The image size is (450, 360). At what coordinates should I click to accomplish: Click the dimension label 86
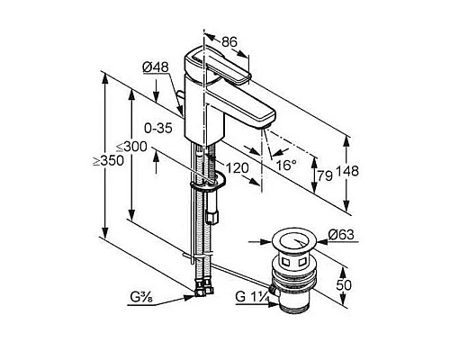click(229, 42)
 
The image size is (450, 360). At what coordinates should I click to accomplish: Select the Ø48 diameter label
click(156, 67)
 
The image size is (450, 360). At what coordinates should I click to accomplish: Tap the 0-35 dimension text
click(158, 129)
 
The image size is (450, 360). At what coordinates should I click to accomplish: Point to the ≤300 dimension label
click(131, 147)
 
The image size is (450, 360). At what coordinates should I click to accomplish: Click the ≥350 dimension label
click(108, 161)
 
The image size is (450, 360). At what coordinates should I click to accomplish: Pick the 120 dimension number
click(237, 168)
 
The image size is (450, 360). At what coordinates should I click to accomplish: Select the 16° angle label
click(286, 165)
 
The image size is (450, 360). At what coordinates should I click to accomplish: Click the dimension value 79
click(325, 175)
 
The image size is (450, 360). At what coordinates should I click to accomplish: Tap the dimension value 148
click(347, 171)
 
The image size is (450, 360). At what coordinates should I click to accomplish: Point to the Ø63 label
click(341, 234)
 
